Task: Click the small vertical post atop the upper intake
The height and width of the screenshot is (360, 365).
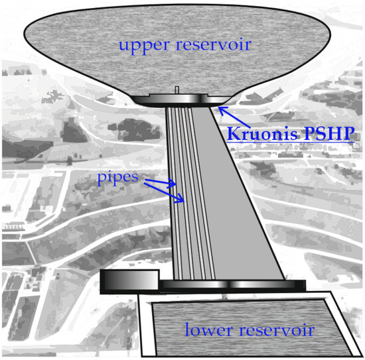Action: pyautogui.click(x=177, y=90)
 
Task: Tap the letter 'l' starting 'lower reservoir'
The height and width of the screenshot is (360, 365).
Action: pyautogui.click(x=188, y=329)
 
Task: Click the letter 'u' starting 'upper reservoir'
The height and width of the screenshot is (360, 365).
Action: pyautogui.click(x=124, y=46)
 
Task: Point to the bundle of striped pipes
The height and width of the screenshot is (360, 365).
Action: pyautogui.click(x=181, y=199)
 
